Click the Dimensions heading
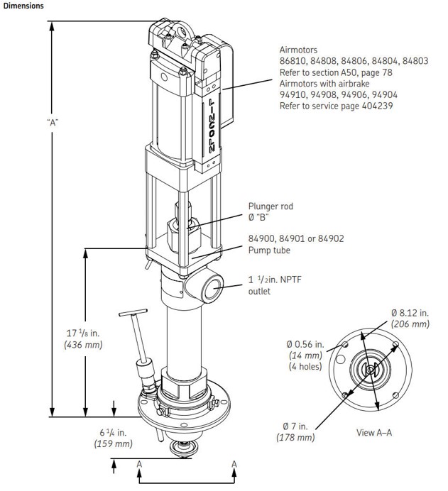point(23,6)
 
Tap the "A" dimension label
point(52,121)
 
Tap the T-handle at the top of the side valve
point(133,313)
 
